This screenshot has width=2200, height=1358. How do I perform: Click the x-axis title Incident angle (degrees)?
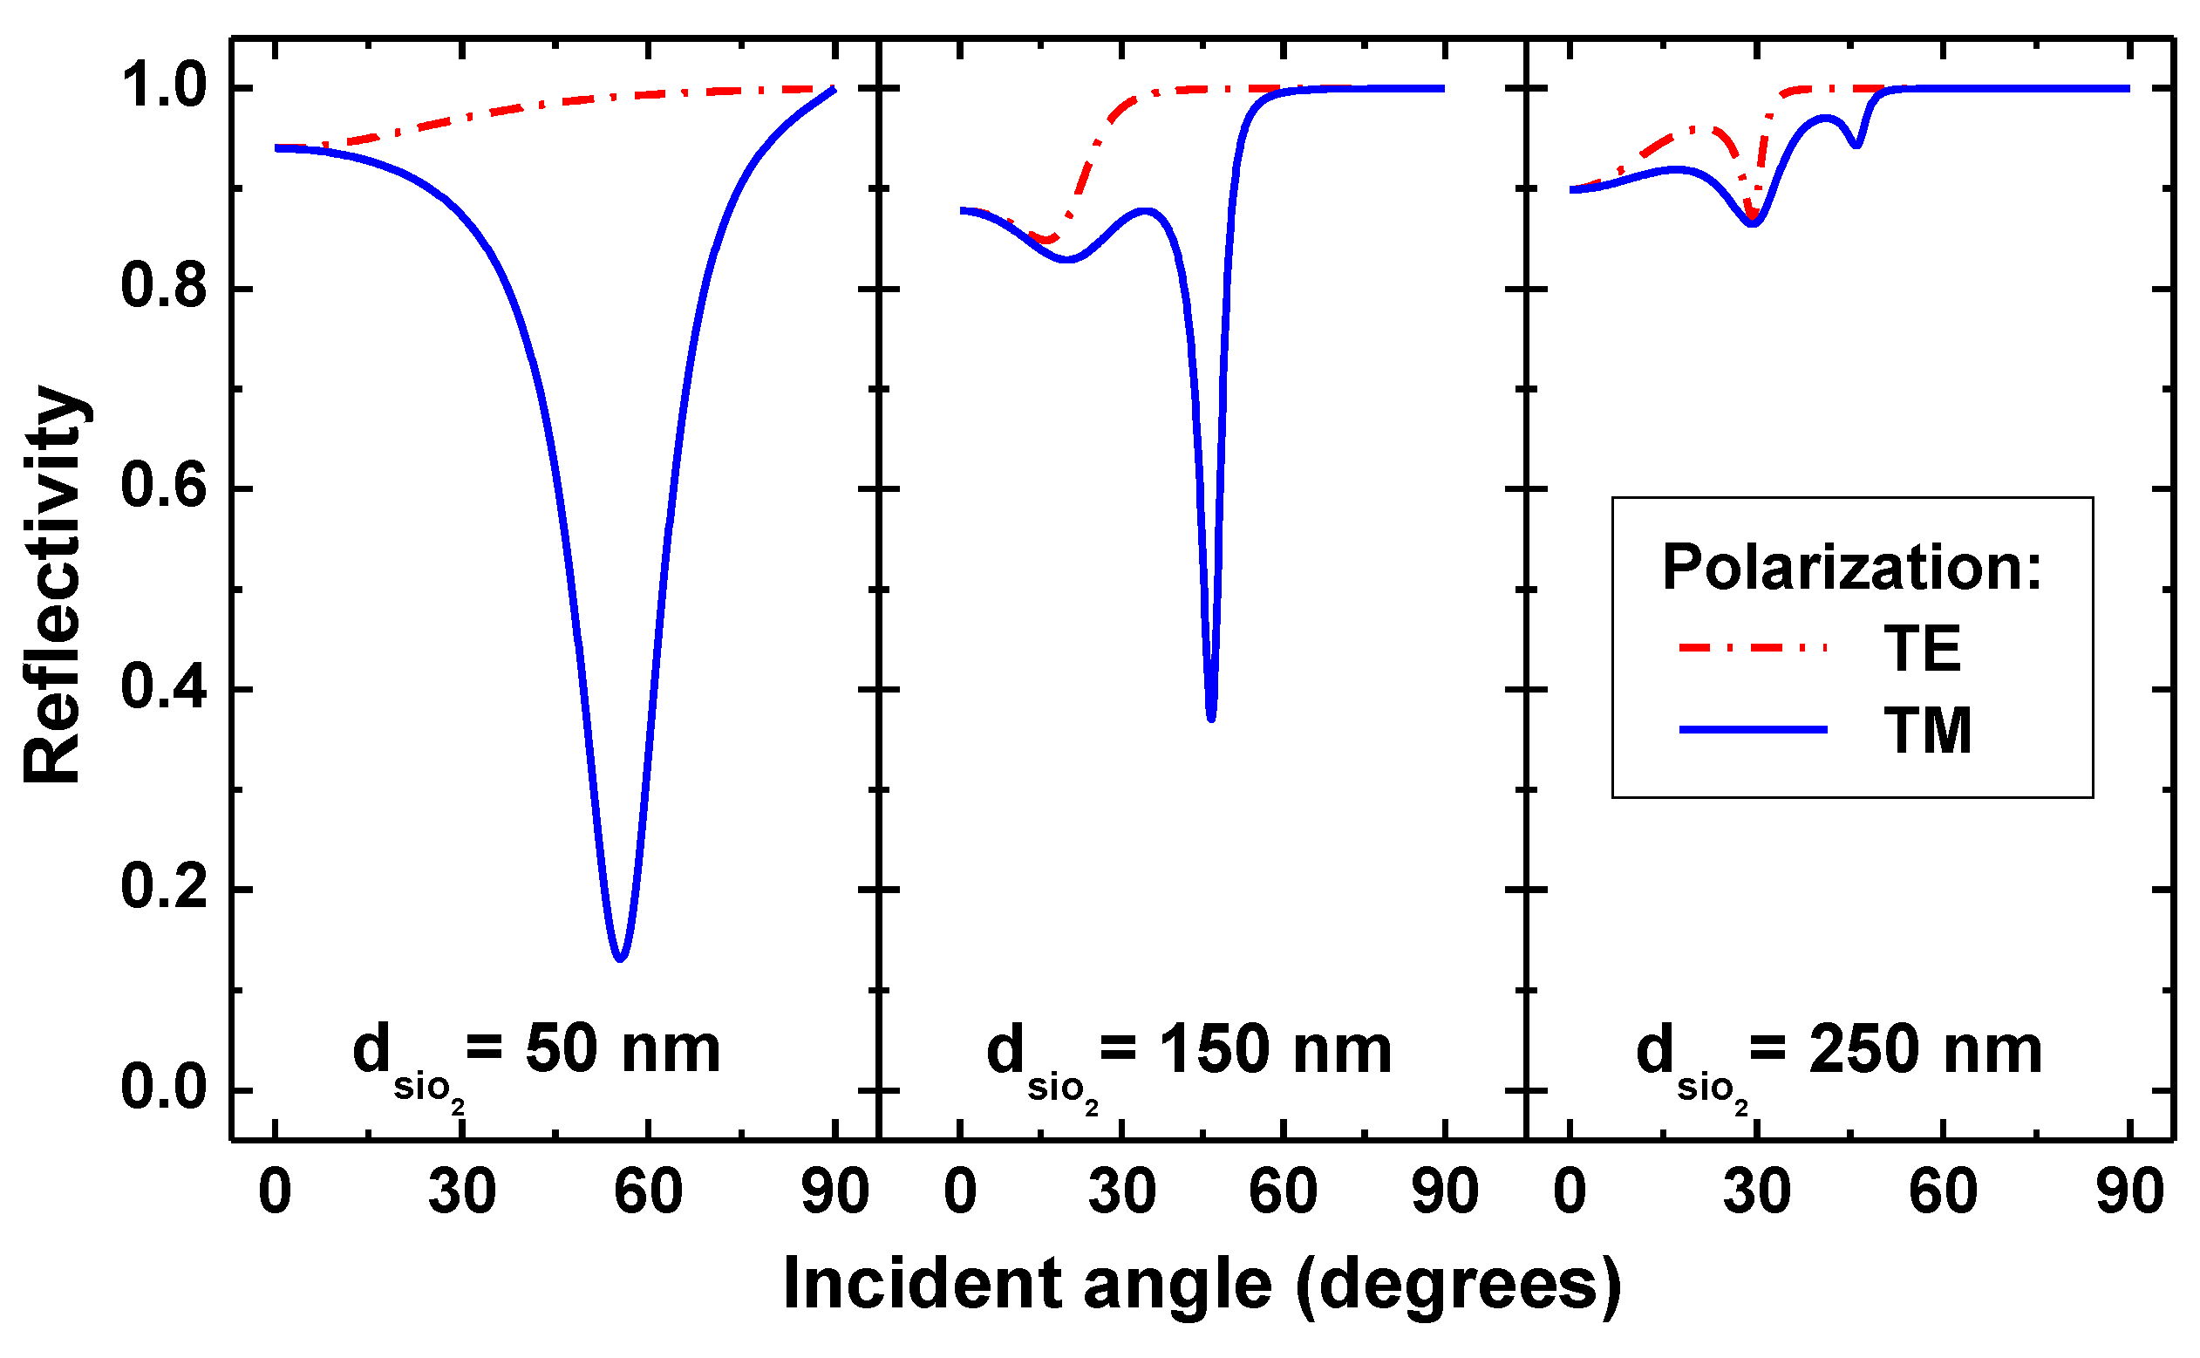point(1202,1286)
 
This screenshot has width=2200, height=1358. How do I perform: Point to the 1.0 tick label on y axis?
point(163,87)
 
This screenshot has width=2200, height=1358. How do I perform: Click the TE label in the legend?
point(1921,648)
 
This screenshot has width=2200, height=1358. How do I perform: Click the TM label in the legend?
point(1927,730)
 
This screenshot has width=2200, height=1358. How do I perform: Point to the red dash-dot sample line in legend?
point(1752,646)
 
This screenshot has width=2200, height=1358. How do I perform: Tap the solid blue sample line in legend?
point(1752,729)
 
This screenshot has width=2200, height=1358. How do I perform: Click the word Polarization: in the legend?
point(1851,568)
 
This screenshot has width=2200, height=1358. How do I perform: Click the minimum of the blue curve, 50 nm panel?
point(620,959)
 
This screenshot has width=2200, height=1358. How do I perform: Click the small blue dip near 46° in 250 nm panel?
point(1857,145)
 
